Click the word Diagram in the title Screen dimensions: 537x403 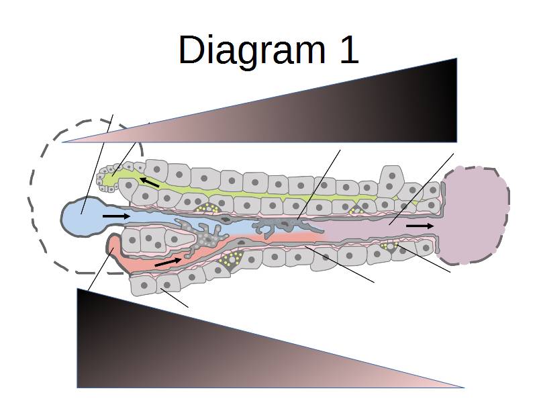(x=252, y=50)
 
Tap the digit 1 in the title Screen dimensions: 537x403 (x=349, y=49)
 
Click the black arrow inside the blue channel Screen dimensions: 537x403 (x=116, y=216)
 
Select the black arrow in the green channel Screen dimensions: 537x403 (x=149, y=182)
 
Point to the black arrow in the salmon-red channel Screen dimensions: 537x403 (x=168, y=262)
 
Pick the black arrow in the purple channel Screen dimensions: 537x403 (x=420, y=226)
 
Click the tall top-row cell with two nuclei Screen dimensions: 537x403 (x=391, y=181)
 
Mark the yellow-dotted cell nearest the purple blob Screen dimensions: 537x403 (x=390, y=247)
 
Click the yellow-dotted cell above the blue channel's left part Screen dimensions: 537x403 (x=207, y=208)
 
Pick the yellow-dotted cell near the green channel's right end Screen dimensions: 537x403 (x=356, y=210)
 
